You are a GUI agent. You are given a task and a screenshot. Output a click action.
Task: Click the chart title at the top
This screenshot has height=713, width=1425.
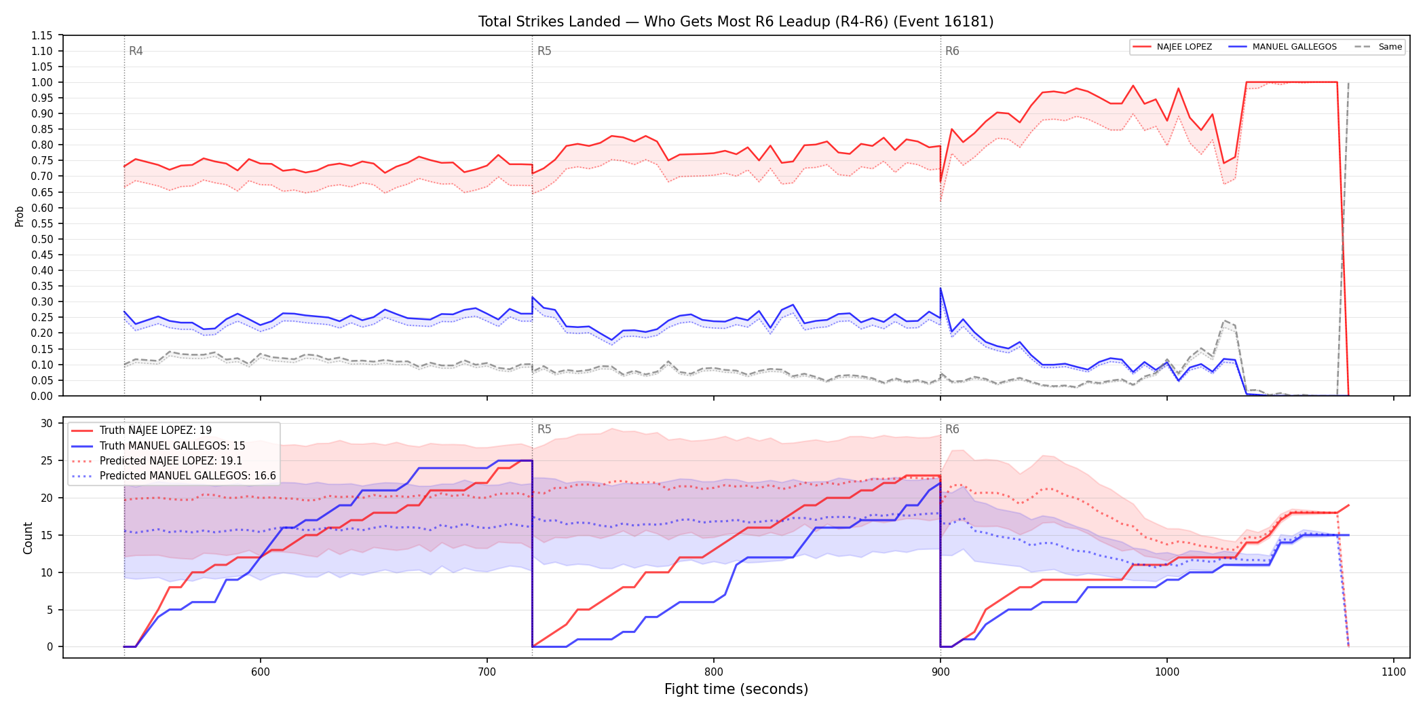736,22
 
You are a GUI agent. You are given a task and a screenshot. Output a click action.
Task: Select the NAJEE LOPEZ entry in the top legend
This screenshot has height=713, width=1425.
1173,47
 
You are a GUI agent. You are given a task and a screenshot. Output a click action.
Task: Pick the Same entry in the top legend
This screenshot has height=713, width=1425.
1378,47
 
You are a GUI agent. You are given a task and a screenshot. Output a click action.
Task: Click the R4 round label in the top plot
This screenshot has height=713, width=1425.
136,51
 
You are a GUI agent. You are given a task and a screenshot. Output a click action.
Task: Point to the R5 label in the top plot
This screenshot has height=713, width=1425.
544,51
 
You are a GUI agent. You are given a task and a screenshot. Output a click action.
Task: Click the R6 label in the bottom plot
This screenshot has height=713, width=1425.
952,429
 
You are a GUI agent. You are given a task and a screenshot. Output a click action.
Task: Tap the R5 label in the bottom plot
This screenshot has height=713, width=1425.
544,429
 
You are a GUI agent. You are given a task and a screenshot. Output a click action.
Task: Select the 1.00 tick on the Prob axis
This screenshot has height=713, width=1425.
42,82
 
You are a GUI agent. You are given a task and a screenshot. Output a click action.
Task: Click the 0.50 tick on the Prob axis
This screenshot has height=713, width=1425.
42,239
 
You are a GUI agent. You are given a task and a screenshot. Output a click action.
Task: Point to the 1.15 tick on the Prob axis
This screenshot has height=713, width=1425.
42,35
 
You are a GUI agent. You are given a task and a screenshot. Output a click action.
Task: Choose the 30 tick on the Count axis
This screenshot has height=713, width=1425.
47,423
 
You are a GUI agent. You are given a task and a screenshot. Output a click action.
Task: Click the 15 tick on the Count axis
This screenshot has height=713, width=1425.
47,535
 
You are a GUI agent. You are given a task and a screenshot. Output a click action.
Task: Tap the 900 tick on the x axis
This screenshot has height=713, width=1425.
940,672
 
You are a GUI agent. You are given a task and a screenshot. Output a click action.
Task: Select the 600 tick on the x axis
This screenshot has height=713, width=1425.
261,672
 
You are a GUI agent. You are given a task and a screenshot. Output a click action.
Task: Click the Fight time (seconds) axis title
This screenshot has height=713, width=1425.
736,689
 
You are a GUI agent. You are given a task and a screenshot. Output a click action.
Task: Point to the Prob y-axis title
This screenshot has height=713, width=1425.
20,216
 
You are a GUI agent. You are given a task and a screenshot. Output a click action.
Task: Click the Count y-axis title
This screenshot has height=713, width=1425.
28,538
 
